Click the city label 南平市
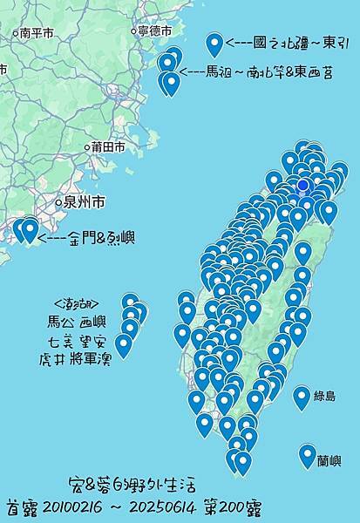[x=36, y=32]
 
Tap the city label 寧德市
[x=153, y=31]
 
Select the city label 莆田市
[x=108, y=147]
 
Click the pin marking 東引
[x=214, y=44]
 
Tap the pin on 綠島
[x=302, y=397]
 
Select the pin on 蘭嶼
[x=307, y=454]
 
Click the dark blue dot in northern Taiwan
[x=303, y=185]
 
